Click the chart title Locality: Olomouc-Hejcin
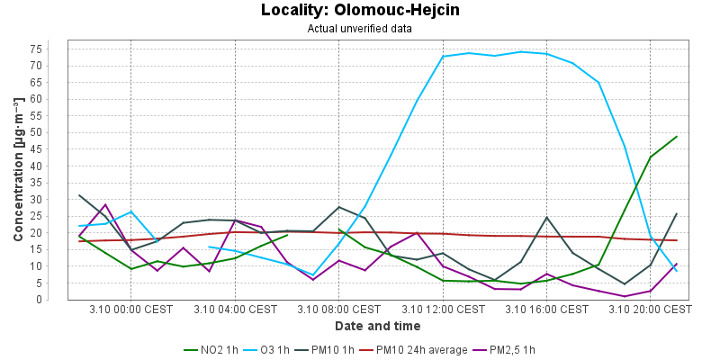pos(360,11)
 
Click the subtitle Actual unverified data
pos(360,28)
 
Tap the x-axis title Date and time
pos(377,326)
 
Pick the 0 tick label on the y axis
pos(58,300)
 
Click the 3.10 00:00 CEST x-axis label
pos(131,310)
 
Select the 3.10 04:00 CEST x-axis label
pos(235,310)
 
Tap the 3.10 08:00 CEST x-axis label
pos(339,310)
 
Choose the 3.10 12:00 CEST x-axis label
pos(443,310)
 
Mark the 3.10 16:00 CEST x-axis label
pos(546,310)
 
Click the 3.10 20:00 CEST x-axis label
pos(650,310)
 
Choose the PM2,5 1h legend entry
pos(511,349)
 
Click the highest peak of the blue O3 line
pos(521,51)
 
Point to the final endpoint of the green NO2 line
pos(676,137)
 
